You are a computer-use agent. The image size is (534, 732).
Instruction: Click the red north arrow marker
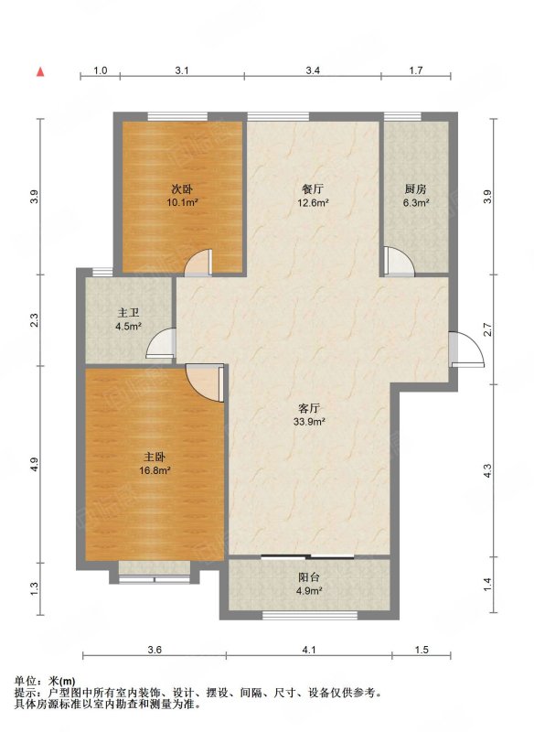[40, 71]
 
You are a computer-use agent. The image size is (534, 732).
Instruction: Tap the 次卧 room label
[182, 189]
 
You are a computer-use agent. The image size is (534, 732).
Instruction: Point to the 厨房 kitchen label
[415, 189]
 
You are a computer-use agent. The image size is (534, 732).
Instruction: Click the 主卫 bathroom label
[128, 313]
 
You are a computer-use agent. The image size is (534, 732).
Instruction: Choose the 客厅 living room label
[308, 408]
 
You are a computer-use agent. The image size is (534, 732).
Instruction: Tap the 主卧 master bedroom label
[155, 457]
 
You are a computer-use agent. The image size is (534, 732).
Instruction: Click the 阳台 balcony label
[309, 577]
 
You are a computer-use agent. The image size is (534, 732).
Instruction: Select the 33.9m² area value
[309, 422]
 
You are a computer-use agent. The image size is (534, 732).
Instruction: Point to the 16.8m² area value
[155, 470]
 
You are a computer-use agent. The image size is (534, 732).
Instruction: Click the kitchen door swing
[400, 262]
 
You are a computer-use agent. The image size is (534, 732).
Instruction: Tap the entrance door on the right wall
[467, 350]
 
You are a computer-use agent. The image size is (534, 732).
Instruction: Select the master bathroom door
[161, 343]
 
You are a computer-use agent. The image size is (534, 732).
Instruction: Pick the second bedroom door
[199, 262]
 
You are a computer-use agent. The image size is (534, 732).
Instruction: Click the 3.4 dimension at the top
[313, 70]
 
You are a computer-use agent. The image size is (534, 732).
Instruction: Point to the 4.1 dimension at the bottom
[309, 650]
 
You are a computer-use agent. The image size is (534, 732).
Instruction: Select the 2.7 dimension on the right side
[488, 329]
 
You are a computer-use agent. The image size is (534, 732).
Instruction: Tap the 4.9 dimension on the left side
[35, 464]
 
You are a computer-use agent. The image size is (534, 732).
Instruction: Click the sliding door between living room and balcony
[308, 556]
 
